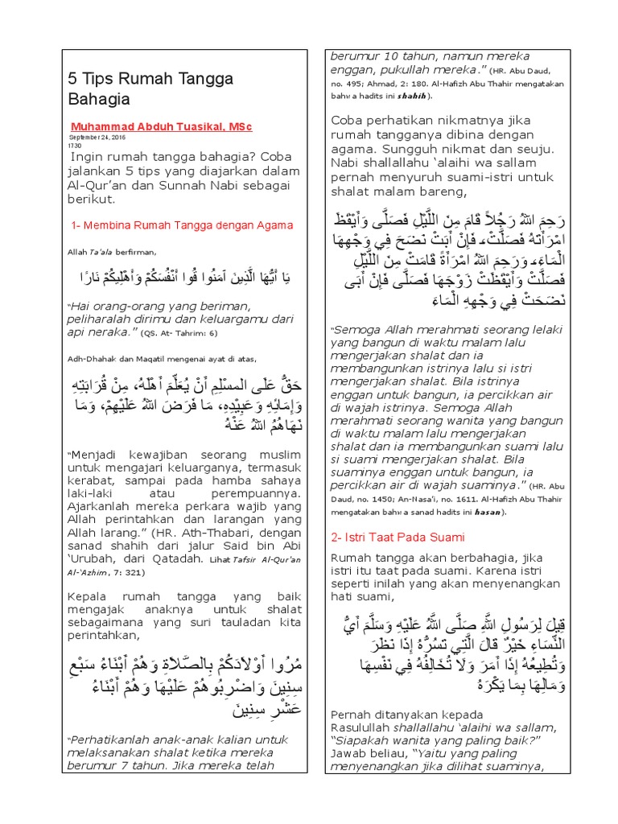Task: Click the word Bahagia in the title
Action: pos(97,99)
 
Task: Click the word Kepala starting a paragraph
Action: pos(88,597)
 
